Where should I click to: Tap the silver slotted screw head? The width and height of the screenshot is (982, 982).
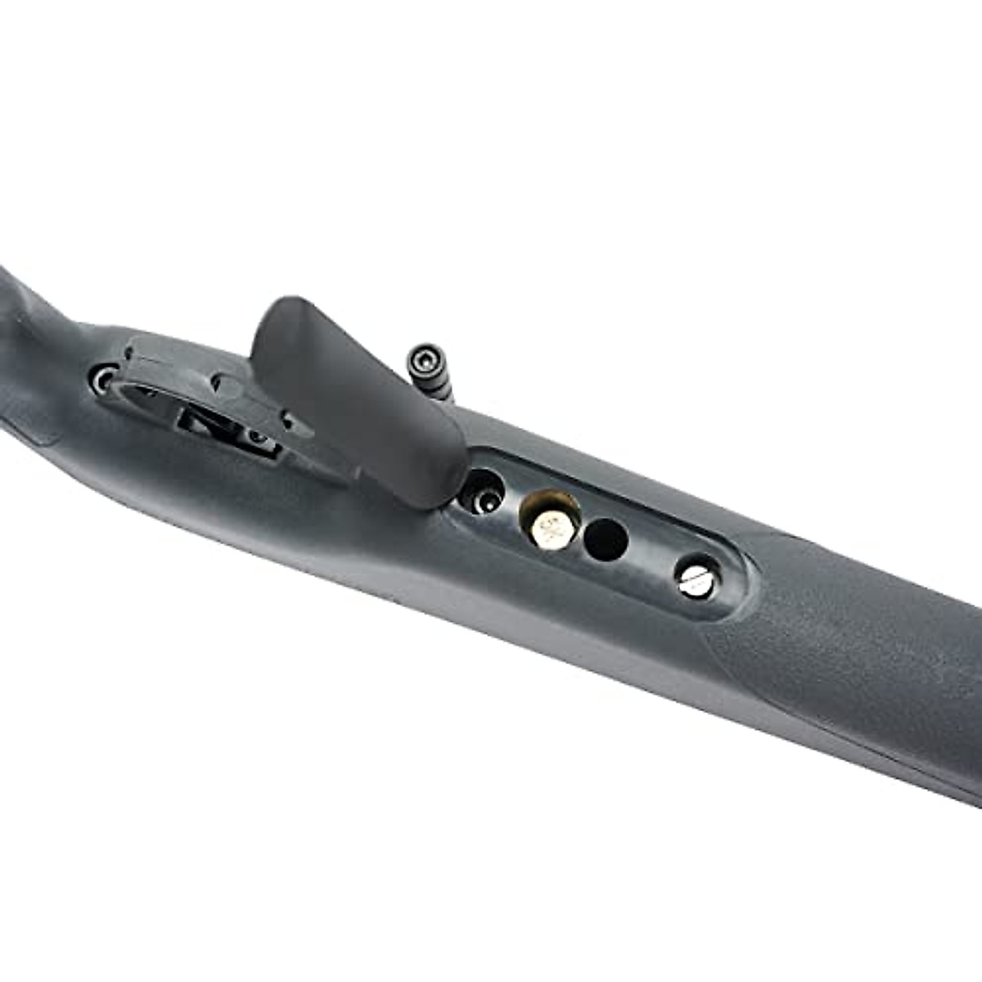point(696,578)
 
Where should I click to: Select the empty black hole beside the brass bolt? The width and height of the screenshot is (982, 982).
point(606,540)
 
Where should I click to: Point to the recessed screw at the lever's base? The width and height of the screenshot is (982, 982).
point(483,493)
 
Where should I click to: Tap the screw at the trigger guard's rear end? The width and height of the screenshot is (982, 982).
point(105,379)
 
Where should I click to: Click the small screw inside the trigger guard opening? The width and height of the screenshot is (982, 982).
point(260,437)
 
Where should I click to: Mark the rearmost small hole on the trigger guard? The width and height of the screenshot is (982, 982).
point(128,353)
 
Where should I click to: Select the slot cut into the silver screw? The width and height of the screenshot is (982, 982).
point(696,579)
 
